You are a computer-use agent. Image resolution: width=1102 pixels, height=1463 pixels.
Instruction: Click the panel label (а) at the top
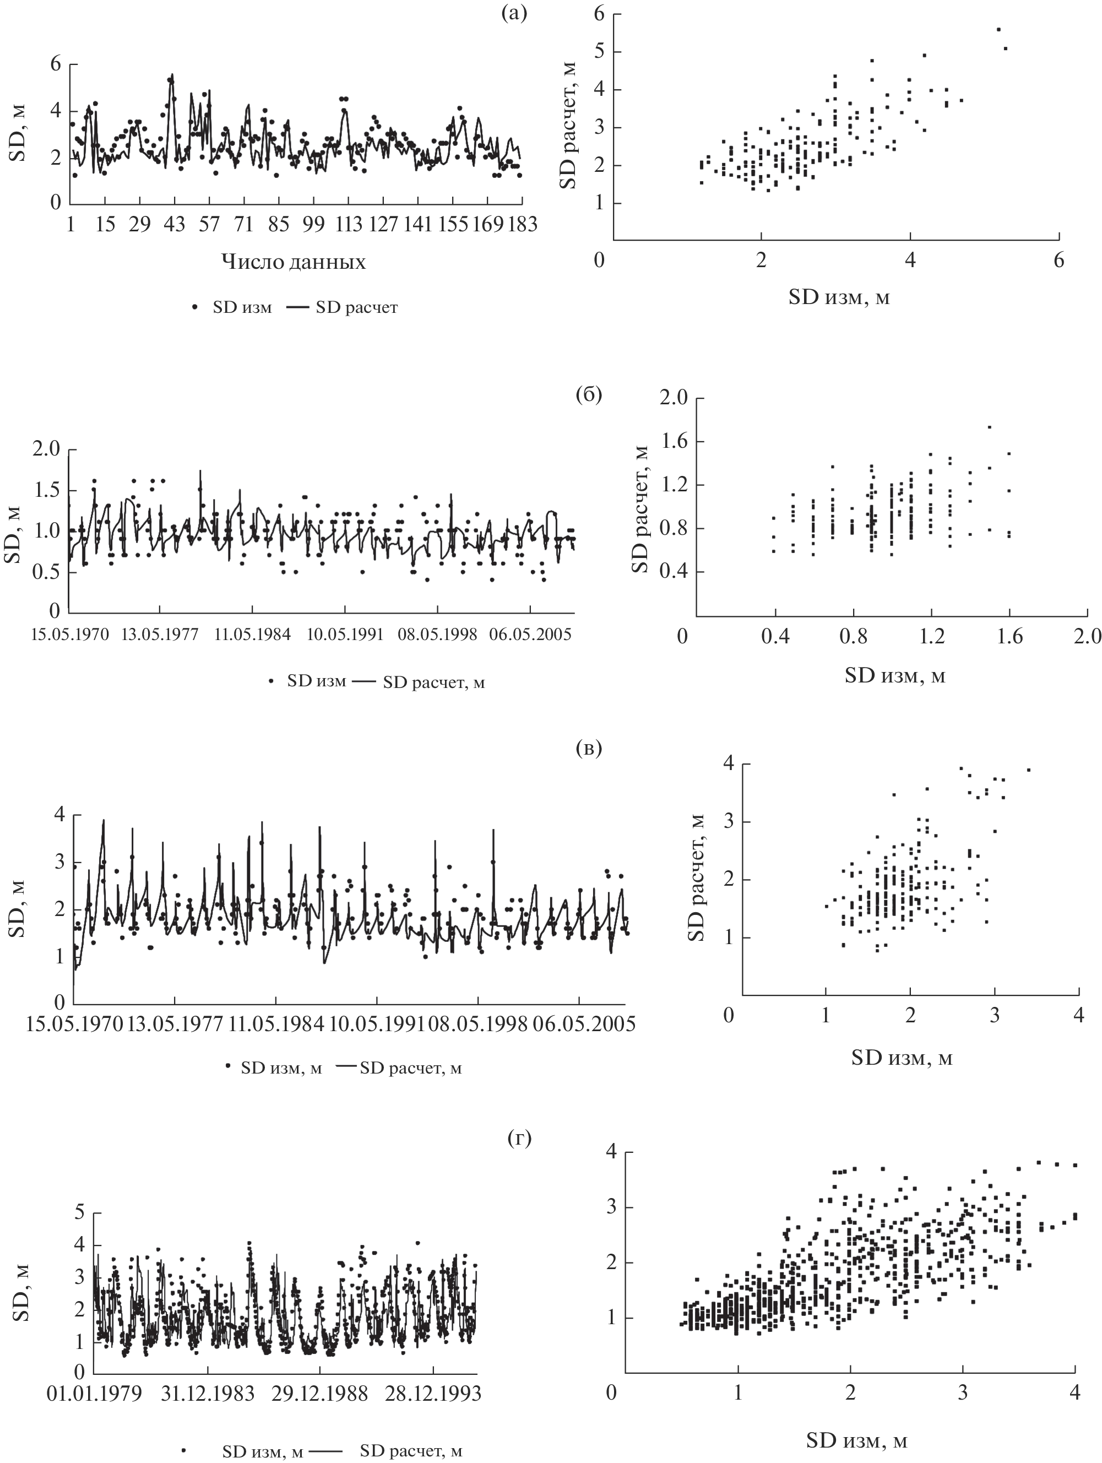(514, 14)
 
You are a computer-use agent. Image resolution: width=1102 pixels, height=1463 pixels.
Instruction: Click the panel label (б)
(588, 395)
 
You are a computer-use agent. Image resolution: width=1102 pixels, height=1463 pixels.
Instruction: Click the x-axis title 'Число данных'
(293, 262)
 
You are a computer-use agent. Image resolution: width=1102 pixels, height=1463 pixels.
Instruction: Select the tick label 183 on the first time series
(521, 225)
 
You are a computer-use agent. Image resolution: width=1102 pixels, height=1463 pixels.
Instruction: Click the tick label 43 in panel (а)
(174, 225)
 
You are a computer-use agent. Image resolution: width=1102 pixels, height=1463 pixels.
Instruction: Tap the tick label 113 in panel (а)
(348, 225)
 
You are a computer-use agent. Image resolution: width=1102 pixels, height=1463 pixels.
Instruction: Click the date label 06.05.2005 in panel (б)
(530, 636)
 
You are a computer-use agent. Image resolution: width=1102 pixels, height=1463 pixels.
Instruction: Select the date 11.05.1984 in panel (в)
(276, 1025)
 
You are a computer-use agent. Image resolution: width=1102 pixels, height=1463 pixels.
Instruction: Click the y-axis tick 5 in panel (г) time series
(79, 1212)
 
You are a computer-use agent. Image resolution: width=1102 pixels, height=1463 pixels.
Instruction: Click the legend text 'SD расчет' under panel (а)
(356, 307)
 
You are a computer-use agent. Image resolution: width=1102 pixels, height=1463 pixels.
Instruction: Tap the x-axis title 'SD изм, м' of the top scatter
(839, 297)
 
